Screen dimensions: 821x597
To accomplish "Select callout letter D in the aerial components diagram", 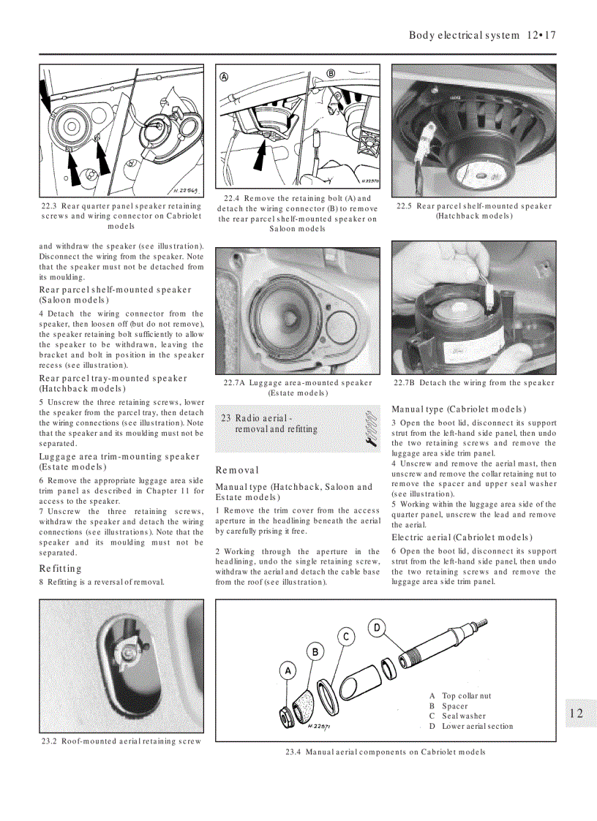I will (x=377, y=627).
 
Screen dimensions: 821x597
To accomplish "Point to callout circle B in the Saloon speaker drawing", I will (x=331, y=74).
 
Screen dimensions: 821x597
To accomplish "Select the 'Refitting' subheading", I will (x=61, y=568).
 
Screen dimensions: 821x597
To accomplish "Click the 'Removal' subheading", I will (x=237, y=470).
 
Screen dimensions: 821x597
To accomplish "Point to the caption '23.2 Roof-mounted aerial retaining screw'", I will (x=121, y=741).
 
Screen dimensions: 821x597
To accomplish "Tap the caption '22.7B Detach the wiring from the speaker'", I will (x=474, y=383).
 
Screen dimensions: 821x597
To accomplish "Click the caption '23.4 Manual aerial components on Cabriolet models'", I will (x=385, y=752).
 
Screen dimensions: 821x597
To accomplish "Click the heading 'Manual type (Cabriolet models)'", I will (x=459, y=409).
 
